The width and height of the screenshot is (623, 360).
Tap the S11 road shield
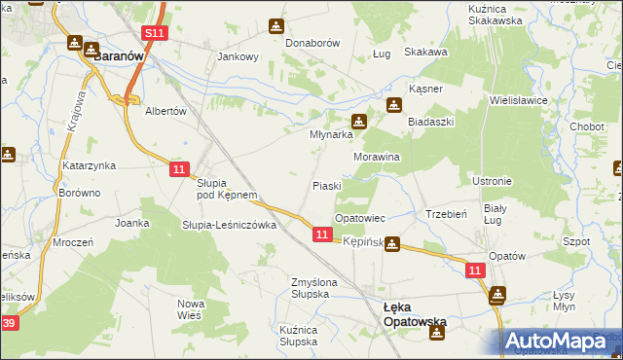coord(153,33)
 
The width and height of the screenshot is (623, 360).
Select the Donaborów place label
coord(310,44)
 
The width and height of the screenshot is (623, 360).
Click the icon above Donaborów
coord(278,25)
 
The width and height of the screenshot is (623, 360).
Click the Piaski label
coord(326,186)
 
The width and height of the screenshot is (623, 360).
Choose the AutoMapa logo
coord(562,342)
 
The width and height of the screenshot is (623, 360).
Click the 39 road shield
coord(9,323)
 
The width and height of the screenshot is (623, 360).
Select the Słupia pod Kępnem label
coord(227,189)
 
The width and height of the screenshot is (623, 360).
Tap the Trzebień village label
coord(448,214)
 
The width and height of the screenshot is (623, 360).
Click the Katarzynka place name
coord(90,166)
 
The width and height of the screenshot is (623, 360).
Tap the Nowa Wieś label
coord(190,308)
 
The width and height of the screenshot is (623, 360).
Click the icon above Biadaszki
coord(393,105)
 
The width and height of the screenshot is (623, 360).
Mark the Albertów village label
coord(165,111)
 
